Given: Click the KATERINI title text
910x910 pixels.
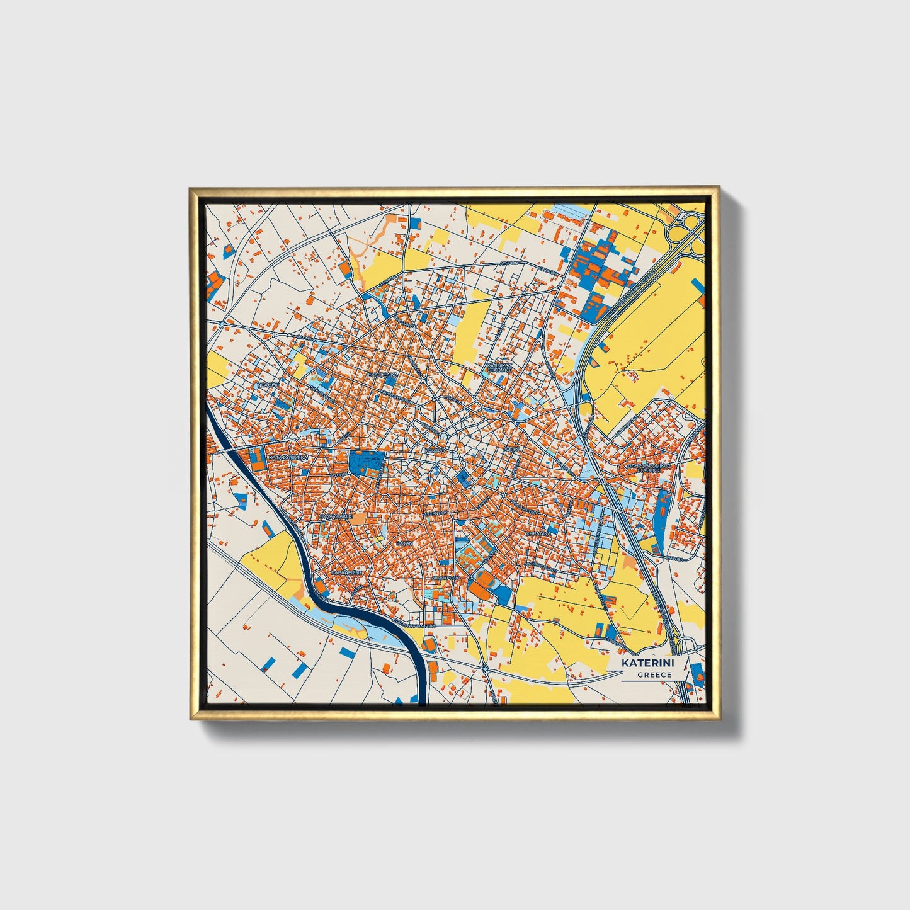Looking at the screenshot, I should [647, 663].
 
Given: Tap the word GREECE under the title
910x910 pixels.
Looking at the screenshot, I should [654, 674].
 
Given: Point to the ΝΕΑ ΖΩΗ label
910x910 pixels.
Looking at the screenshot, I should [268, 384].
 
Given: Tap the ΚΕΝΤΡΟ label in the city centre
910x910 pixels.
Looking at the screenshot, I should [435, 452].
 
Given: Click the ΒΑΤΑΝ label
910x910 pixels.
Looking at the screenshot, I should [404, 542].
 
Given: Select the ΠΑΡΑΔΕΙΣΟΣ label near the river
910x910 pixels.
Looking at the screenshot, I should [346, 573].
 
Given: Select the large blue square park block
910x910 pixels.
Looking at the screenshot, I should [367, 463].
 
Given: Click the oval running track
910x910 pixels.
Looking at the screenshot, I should [481, 581].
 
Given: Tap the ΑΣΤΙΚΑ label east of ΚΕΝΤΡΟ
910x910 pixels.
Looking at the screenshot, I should [511, 450].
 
